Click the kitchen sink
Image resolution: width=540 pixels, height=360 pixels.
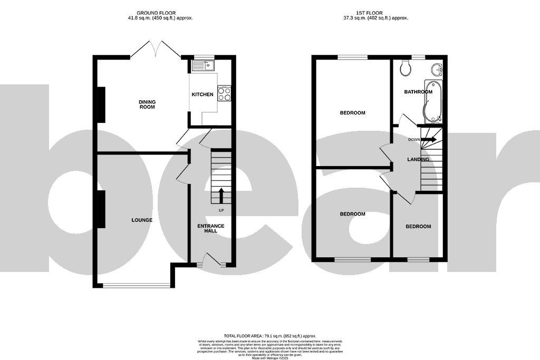[x=202, y=65]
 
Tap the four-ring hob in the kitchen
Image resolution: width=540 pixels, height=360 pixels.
[x=224, y=93]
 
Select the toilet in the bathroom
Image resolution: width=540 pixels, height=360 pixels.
[x=406, y=67]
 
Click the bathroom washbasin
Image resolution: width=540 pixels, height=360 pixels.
[x=436, y=70]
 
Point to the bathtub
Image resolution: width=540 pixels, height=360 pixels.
[x=433, y=100]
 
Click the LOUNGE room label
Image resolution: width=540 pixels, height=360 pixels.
[x=142, y=220]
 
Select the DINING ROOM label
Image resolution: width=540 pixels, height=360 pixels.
[x=147, y=104]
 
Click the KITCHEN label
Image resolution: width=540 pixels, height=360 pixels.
[x=202, y=95]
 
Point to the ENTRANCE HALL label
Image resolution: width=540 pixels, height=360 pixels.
[x=211, y=229]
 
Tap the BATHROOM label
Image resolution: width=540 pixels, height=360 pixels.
[x=418, y=92]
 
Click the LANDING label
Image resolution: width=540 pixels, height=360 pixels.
[x=418, y=159]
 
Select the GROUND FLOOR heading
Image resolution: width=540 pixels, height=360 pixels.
[x=156, y=13]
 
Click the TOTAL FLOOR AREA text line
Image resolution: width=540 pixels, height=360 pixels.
[x=269, y=335]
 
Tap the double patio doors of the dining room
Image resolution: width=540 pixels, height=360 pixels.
[x=156, y=50]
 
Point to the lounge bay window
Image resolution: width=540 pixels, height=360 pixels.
[x=137, y=286]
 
